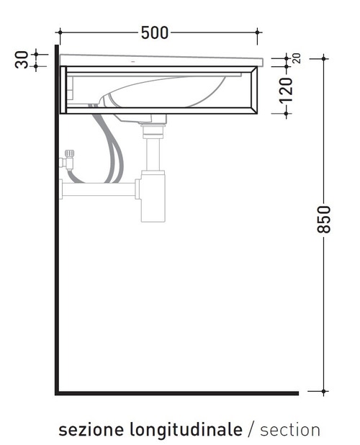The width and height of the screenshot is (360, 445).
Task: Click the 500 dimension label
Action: pos(155,32)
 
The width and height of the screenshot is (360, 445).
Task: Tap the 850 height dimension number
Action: pos(324,220)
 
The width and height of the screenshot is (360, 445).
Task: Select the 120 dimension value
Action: pos(286,90)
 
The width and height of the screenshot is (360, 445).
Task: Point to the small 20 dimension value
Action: pos(297,58)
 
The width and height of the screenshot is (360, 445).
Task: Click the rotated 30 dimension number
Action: pos(22,60)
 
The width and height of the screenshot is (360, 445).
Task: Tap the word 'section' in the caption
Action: pos(290,430)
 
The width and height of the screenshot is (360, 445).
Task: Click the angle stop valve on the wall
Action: pos(68,160)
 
